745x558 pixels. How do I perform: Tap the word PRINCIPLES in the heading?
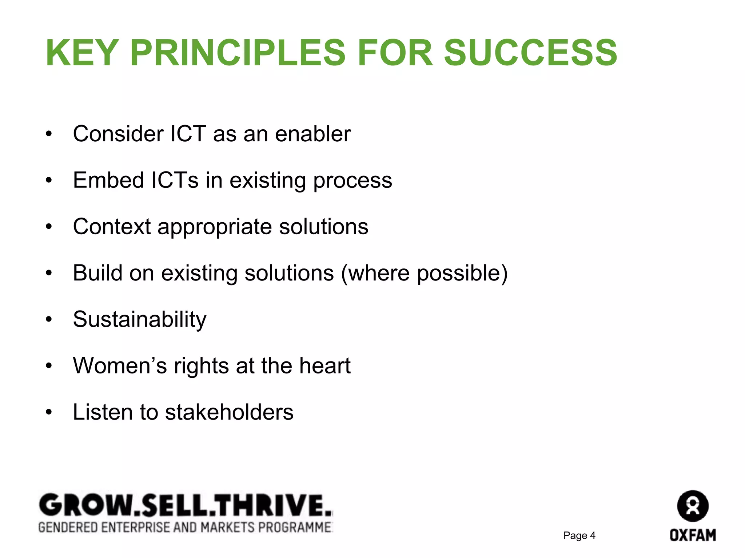237,53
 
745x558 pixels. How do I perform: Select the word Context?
112,227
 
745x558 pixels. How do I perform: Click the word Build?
97,273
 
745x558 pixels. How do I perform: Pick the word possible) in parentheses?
462,274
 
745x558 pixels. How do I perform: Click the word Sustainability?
140,320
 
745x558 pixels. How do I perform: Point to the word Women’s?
120,365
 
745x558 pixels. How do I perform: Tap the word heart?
325,365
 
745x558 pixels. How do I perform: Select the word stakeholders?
229,412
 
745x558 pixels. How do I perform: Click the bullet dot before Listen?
49,412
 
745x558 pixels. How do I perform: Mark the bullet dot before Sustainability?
49,320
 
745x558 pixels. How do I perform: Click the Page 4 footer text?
579,535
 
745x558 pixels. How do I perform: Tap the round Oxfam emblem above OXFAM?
693,506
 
